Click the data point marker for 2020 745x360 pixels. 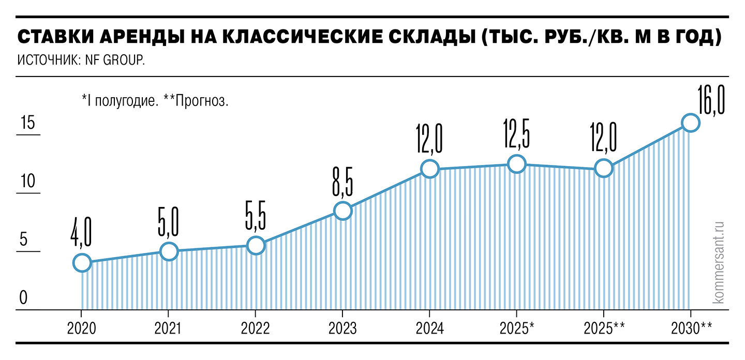82,263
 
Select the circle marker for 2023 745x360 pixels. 342,211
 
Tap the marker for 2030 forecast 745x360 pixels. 690,123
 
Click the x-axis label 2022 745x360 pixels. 255,328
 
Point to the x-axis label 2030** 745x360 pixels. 692,328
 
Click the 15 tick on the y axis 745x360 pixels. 27,124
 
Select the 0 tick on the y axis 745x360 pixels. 23,298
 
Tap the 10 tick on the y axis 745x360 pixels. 27,183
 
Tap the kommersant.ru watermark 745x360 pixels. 718,261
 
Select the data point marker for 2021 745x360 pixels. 169,251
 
